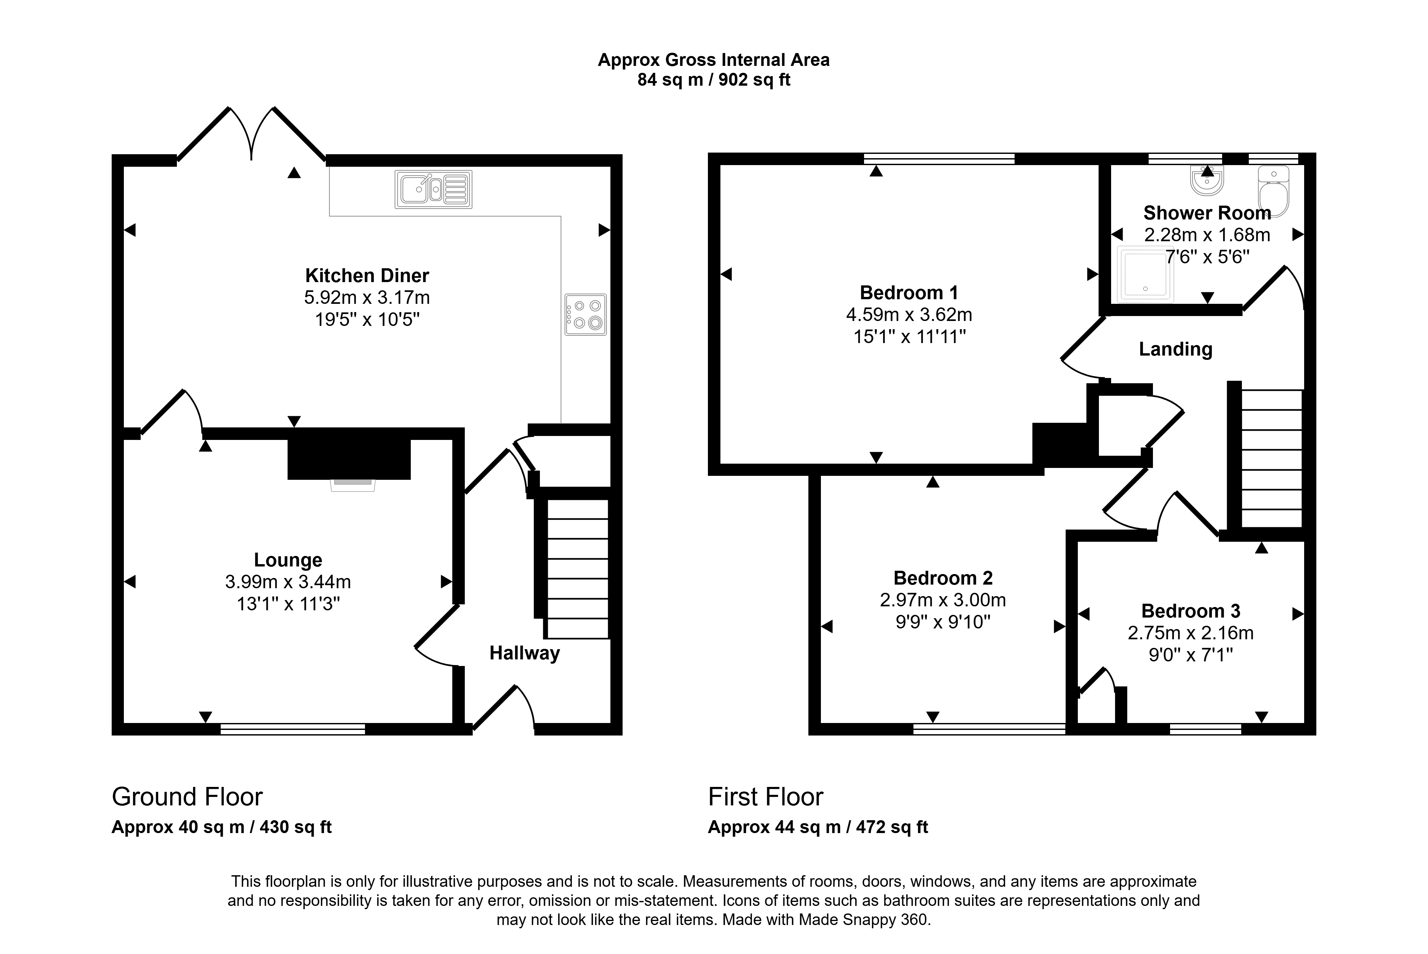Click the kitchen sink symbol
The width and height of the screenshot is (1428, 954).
433,189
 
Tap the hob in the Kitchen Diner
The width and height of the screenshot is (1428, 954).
586,315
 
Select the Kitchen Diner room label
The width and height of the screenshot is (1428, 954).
367,275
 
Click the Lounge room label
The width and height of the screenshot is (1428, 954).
288,560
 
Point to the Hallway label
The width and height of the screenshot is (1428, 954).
525,653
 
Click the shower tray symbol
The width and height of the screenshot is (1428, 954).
1146,275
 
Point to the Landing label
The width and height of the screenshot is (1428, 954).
1176,349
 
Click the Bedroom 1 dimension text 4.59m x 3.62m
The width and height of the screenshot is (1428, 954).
909,315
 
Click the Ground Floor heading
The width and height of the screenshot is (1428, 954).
187,797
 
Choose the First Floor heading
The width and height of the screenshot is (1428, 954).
766,797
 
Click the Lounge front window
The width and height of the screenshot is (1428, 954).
293,729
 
